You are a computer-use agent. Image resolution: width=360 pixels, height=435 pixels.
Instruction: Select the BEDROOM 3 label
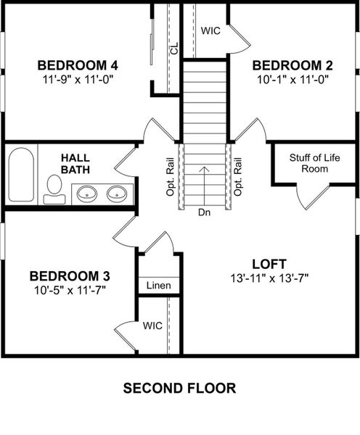(x=70, y=275)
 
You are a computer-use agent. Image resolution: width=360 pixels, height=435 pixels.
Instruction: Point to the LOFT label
(x=269, y=262)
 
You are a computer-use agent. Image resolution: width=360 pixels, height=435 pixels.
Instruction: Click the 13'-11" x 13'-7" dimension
(x=269, y=277)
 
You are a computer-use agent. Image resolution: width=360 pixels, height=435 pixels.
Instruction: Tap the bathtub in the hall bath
(x=22, y=175)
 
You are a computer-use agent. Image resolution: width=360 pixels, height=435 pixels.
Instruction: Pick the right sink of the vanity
(x=116, y=194)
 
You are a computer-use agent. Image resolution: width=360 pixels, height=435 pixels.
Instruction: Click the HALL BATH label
(x=75, y=163)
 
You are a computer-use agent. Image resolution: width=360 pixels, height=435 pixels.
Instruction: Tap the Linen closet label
(x=158, y=286)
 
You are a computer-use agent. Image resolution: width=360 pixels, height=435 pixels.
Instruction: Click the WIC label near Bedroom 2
(x=210, y=30)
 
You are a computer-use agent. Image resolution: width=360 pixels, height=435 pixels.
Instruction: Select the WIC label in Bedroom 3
(x=152, y=326)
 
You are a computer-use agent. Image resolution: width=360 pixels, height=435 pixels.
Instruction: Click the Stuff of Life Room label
(x=308, y=163)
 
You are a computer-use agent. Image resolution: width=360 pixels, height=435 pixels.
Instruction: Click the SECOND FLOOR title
(x=179, y=389)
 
